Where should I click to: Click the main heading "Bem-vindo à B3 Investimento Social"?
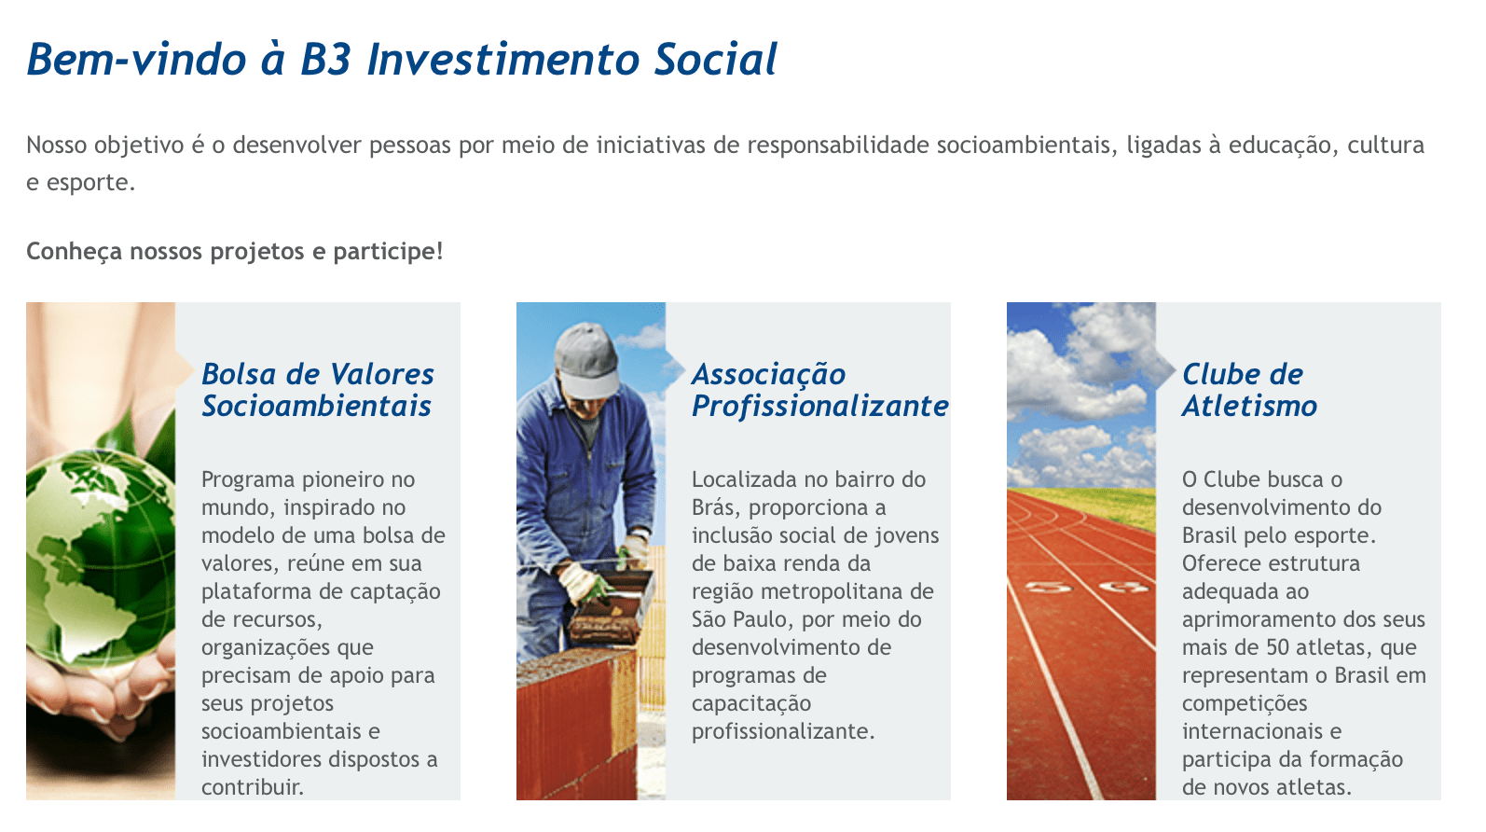402,60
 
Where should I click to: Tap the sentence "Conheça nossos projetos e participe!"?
234,252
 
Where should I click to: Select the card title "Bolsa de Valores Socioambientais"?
318,390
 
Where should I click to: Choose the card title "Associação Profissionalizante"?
820,390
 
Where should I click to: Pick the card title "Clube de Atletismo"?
1249,390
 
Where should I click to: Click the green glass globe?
100,558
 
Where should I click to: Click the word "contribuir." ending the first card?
253,787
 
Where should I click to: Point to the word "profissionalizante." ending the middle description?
783,731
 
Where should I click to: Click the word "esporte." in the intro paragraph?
90,183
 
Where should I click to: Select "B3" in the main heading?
325,60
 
